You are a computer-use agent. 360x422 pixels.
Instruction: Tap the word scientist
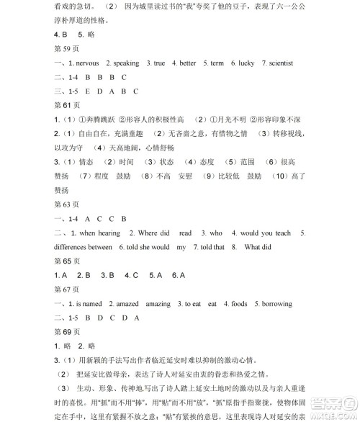276,63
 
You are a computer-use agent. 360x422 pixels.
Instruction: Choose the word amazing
158,304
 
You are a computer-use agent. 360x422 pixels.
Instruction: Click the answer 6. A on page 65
178,275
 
